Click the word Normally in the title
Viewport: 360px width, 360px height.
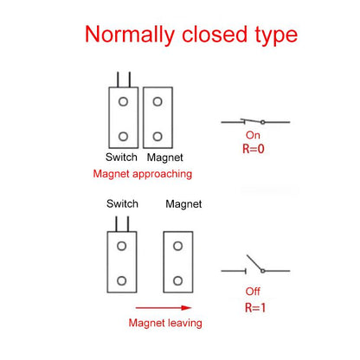click(x=130, y=35)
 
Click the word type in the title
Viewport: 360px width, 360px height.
click(x=276, y=35)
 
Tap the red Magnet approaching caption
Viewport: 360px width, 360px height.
click(x=143, y=174)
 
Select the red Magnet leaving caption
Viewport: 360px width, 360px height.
click(x=165, y=323)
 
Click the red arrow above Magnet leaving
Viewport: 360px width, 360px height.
click(x=164, y=308)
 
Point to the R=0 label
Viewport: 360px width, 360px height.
click(x=254, y=149)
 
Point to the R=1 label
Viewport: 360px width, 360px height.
click(x=255, y=307)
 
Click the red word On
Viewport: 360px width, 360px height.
click(x=253, y=135)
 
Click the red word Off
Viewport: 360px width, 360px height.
click(x=253, y=292)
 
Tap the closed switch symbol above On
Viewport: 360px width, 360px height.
click(x=255, y=122)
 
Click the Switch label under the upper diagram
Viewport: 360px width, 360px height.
click(x=121, y=157)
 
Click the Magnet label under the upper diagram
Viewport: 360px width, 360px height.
click(x=165, y=157)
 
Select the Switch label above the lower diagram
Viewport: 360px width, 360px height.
click(x=122, y=203)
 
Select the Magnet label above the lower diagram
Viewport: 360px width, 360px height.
click(x=183, y=204)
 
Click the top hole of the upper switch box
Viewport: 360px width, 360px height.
click(x=123, y=101)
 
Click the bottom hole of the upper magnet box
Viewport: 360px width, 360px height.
click(x=157, y=136)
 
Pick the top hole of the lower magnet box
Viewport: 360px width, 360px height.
click(x=177, y=246)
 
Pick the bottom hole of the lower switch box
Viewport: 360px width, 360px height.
click(x=121, y=280)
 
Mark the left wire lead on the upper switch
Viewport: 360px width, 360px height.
click(x=118, y=80)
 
